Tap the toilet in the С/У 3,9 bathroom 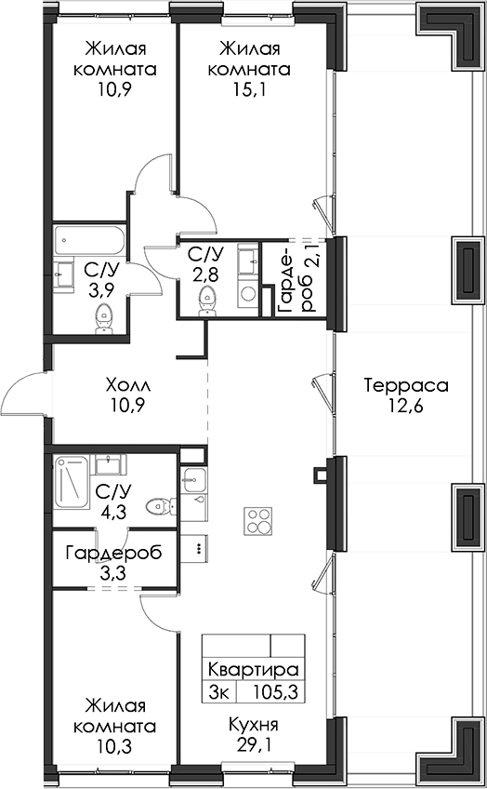click(104, 319)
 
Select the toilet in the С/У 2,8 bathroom click(206, 301)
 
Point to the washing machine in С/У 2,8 click(248, 292)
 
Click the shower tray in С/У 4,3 click(72, 482)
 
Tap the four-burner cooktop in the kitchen click(257, 521)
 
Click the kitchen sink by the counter click(194, 478)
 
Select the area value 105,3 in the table click(275, 692)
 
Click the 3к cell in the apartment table click(219, 692)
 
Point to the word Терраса click(406, 385)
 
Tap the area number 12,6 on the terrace click(406, 405)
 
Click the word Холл click(128, 386)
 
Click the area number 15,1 click(248, 88)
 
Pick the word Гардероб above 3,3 click(113, 553)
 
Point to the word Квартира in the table click(254, 670)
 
